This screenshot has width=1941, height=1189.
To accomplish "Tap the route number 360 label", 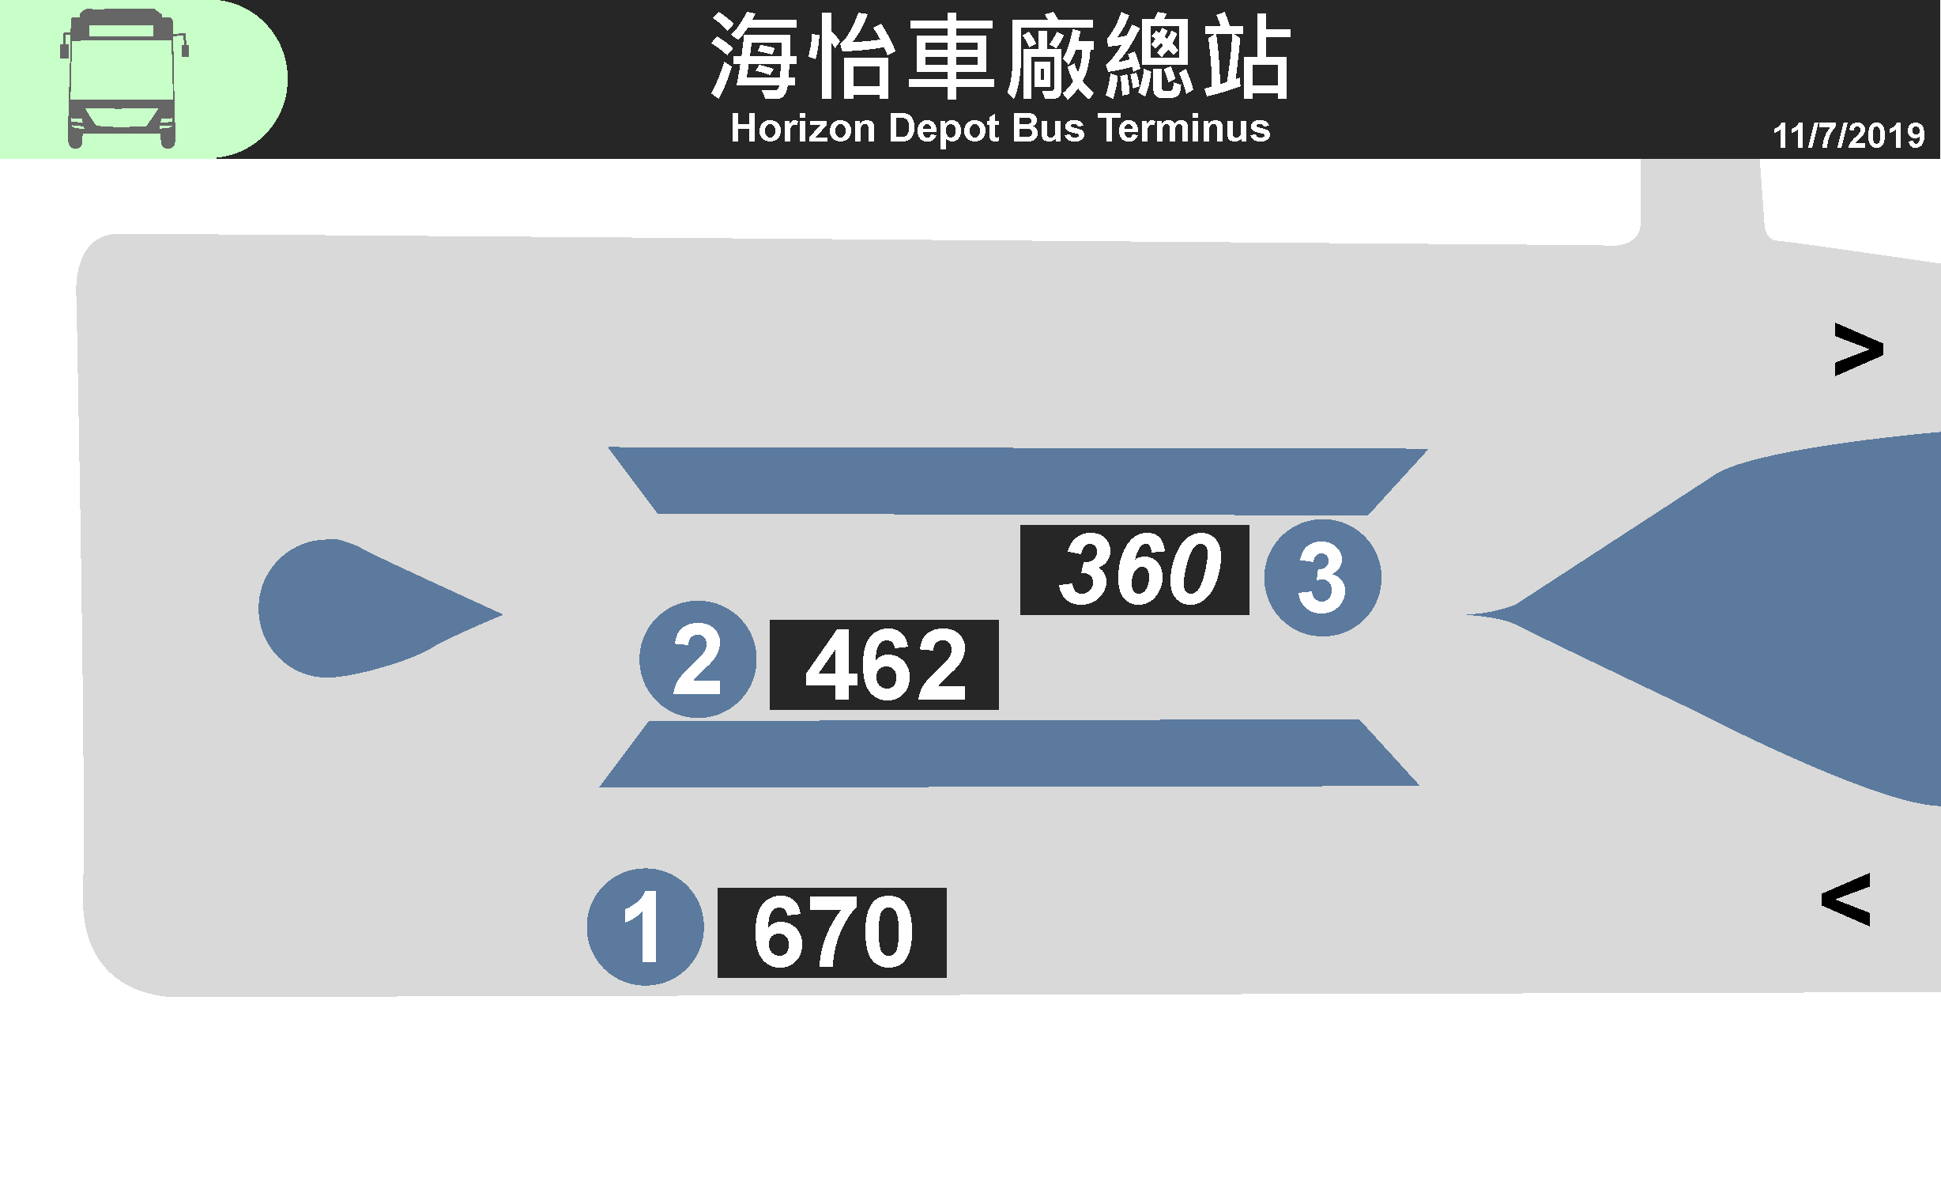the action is pyautogui.click(x=1134, y=569).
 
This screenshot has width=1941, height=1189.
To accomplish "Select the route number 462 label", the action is pyautogui.click(x=884, y=665).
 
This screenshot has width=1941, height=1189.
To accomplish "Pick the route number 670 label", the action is pyautogui.click(x=831, y=932).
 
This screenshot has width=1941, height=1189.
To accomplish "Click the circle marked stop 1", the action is pyautogui.click(x=645, y=927).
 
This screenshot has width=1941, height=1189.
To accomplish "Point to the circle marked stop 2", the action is pyautogui.click(x=697, y=659).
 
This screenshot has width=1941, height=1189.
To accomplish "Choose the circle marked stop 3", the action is pyautogui.click(x=1322, y=578).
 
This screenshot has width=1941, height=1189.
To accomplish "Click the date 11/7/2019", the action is pyautogui.click(x=1848, y=136).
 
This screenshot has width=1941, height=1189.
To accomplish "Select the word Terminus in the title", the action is pyautogui.click(x=1183, y=128).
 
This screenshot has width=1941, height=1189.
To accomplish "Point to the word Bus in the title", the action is pyautogui.click(x=1048, y=128).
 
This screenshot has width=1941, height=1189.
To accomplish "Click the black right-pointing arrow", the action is pyautogui.click(x=1858, y=349).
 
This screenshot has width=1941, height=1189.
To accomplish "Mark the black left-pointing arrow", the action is pyautogui.click(x=1846, y=900).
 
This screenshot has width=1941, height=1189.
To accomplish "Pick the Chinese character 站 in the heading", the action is pyautogui.click(x=1247, y=57).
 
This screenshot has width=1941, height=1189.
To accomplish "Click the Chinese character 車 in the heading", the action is pyautogui.click(x=950, y=57).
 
